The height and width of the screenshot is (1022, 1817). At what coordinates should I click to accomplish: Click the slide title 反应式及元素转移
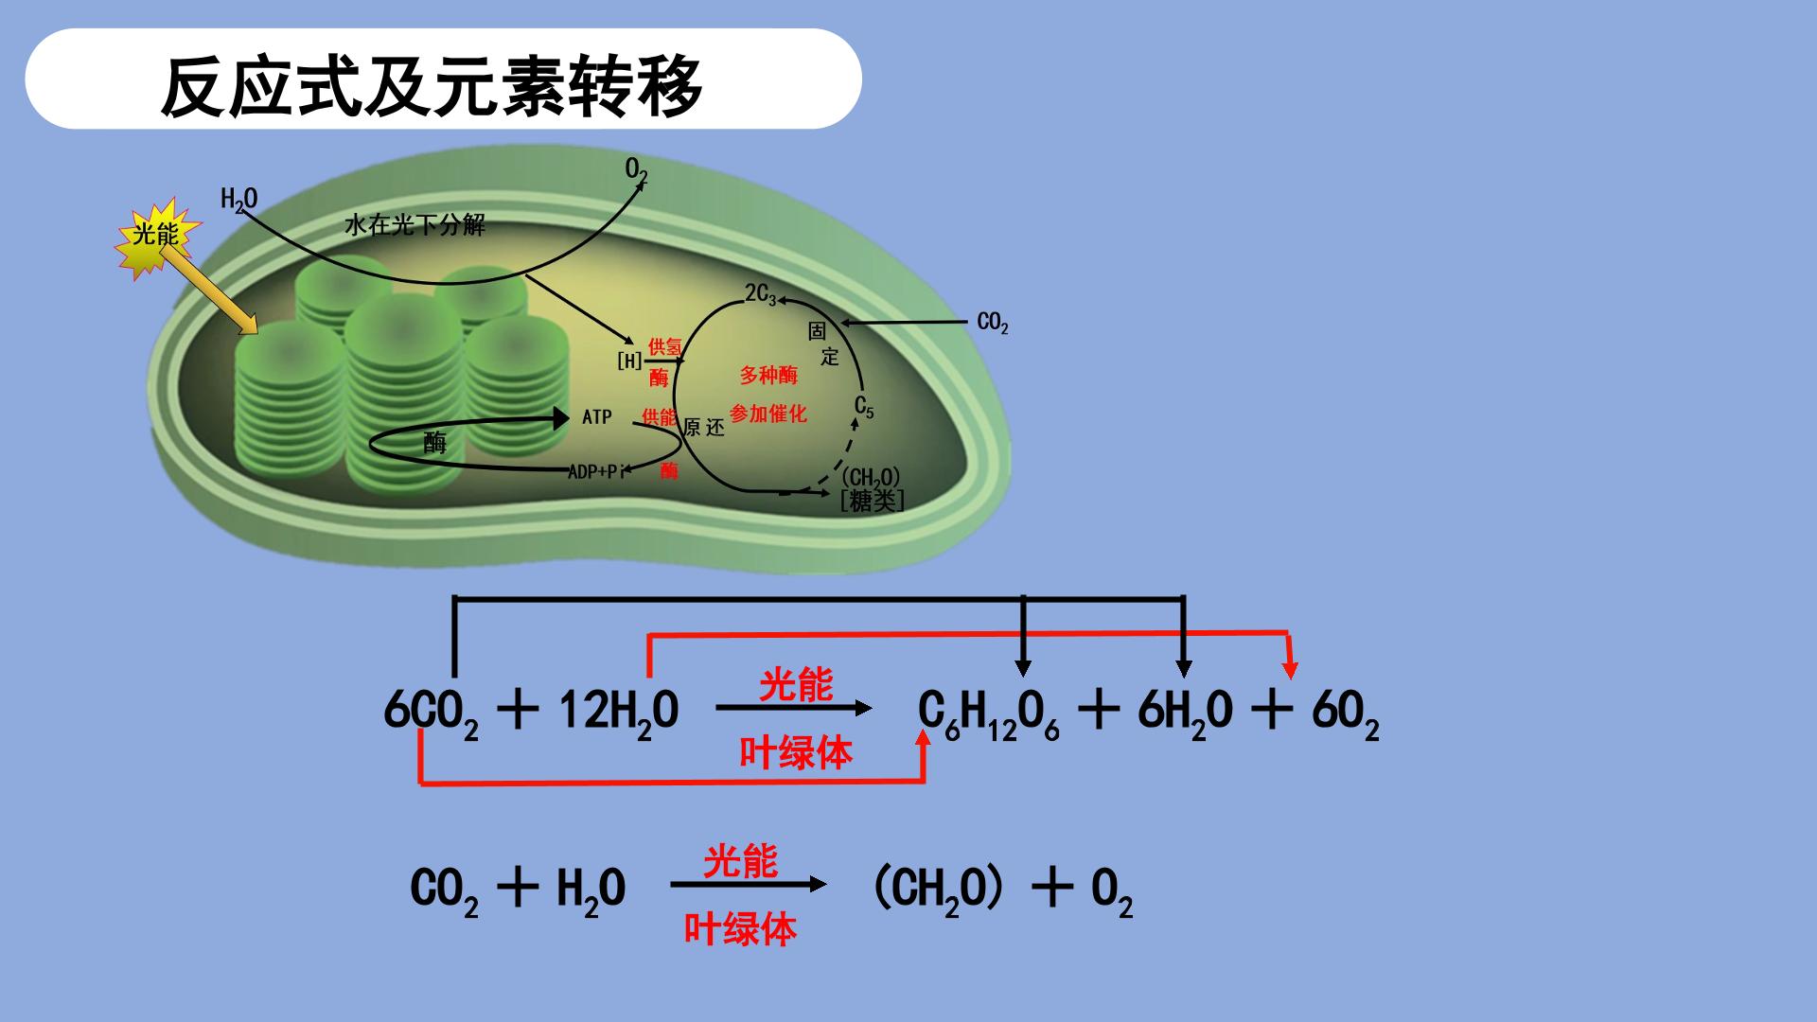(x=432, y=86)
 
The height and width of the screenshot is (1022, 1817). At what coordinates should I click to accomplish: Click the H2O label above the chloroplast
(x=238, y=200)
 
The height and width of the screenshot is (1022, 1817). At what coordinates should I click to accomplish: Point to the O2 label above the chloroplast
(x=636, y=171)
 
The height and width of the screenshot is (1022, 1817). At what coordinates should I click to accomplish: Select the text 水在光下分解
(x=415, y=225)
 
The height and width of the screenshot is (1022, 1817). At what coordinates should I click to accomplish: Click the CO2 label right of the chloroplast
(x=993, y=324)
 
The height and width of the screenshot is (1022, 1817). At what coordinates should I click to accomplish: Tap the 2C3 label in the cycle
(x=761, y=294)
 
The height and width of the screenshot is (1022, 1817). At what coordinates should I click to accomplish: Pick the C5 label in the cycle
(x=864, y=407)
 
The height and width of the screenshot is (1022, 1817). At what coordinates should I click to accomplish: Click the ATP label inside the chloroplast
(x=597, y=416)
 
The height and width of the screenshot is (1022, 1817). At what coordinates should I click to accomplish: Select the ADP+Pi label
(x=596, y=471)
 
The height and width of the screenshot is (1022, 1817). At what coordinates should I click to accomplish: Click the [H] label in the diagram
(x=629, y=361)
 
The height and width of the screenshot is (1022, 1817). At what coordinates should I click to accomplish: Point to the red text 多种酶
(x=768, y=375)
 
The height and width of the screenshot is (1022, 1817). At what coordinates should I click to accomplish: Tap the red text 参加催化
(x=768, y=414)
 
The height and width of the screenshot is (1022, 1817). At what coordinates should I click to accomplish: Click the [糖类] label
(x=872, y=501)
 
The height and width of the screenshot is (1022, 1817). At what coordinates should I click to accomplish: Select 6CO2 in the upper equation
(x=431, y=713)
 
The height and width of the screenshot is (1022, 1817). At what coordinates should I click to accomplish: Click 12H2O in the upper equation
(x=619, y=713)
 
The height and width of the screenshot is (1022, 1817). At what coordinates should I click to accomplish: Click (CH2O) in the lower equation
(x=937, y=890)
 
